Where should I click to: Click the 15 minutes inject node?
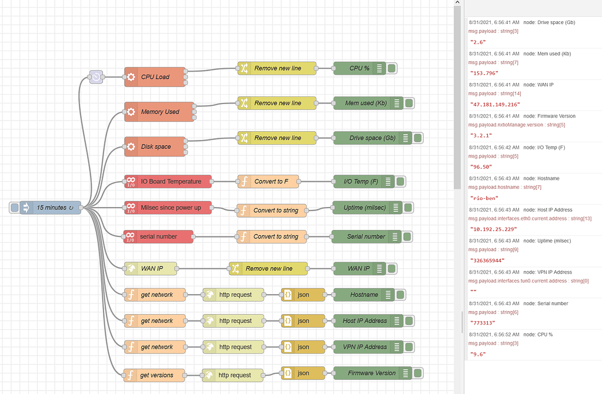51,208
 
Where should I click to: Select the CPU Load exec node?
155,77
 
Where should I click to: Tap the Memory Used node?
159,112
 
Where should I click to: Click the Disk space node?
155,146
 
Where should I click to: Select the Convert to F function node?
268,181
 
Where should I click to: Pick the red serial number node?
158,236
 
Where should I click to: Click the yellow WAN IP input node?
151,269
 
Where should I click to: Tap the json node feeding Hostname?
303,295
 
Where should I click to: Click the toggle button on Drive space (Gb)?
418,138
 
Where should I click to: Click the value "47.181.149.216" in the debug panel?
495,104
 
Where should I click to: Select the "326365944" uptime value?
487,260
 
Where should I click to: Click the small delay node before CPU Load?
97,77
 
